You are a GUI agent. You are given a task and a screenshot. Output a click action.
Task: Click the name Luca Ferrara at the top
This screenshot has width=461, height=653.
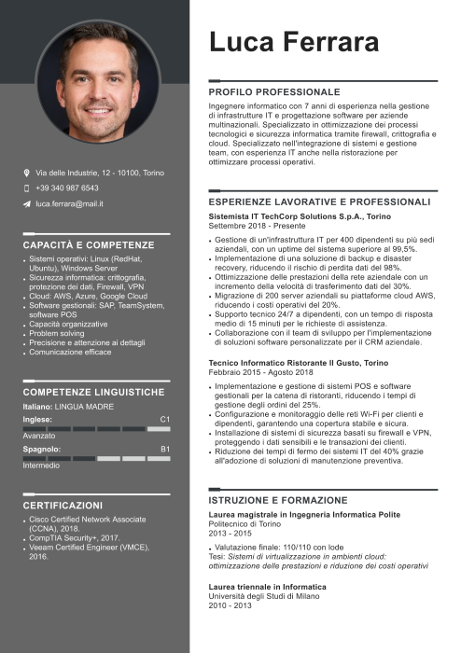(293, 42)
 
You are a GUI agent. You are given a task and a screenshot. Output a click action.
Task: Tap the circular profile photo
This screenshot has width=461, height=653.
(96, 84)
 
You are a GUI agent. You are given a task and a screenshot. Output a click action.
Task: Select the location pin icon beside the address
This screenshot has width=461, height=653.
(26, 173)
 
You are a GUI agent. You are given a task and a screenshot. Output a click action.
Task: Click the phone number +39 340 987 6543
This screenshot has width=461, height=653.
(67, 188)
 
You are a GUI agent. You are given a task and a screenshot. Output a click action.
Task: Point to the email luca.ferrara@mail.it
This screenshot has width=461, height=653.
(69, 202)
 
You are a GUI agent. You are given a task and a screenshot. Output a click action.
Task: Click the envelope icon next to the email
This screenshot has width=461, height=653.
(26, 202)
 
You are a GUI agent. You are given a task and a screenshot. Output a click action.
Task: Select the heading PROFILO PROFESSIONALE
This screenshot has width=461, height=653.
(274, 92)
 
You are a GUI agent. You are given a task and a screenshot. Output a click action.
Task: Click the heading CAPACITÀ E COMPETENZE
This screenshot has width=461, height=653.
(89, 244)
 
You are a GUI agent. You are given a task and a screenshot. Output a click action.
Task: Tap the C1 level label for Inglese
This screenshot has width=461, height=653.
(165, 420)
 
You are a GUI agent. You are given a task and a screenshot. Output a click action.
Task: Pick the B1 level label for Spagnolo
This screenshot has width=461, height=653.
(165, 450)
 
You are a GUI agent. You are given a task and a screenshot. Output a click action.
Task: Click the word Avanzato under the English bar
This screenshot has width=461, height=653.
(39, 436)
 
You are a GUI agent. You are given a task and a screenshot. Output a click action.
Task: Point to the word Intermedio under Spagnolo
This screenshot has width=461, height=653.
(41, 465)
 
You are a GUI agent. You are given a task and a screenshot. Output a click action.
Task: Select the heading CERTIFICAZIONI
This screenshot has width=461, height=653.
(63, 505)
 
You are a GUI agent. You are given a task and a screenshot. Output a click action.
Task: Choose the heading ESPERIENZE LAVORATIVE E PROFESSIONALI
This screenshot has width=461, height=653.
(319, 201)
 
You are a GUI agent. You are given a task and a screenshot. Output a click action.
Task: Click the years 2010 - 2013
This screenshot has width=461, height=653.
(230, 605)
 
